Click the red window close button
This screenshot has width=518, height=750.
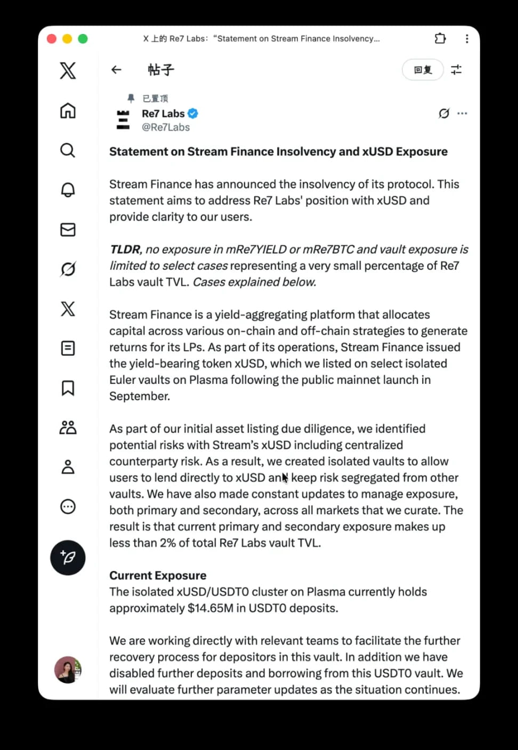coord(52,39)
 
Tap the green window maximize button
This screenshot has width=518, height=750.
coord(83,39)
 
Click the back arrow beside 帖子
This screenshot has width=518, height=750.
coord(116,70)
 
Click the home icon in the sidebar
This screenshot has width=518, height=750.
coord(68,111)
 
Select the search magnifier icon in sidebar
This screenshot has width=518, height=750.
coord(68,150)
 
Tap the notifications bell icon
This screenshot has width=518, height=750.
coord(68,190)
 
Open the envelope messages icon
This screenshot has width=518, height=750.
coord(68,230)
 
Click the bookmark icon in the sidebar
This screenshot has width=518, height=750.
coord(68,388)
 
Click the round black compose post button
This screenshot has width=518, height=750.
coord(68,558)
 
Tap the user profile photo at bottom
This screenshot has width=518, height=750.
coord(68,670)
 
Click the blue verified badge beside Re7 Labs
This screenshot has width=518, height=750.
coord(193,113)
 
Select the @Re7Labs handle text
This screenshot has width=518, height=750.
coord(166,127)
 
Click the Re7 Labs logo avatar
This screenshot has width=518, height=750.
coord(123,120)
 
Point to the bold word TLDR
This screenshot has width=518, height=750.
coord(125,249)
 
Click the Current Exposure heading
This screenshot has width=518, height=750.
coord(158,576)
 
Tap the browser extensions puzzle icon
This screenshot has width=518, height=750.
coord(440,38)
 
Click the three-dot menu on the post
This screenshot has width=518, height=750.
coord(462,114)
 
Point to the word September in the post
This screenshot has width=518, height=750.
coord(139,396)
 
